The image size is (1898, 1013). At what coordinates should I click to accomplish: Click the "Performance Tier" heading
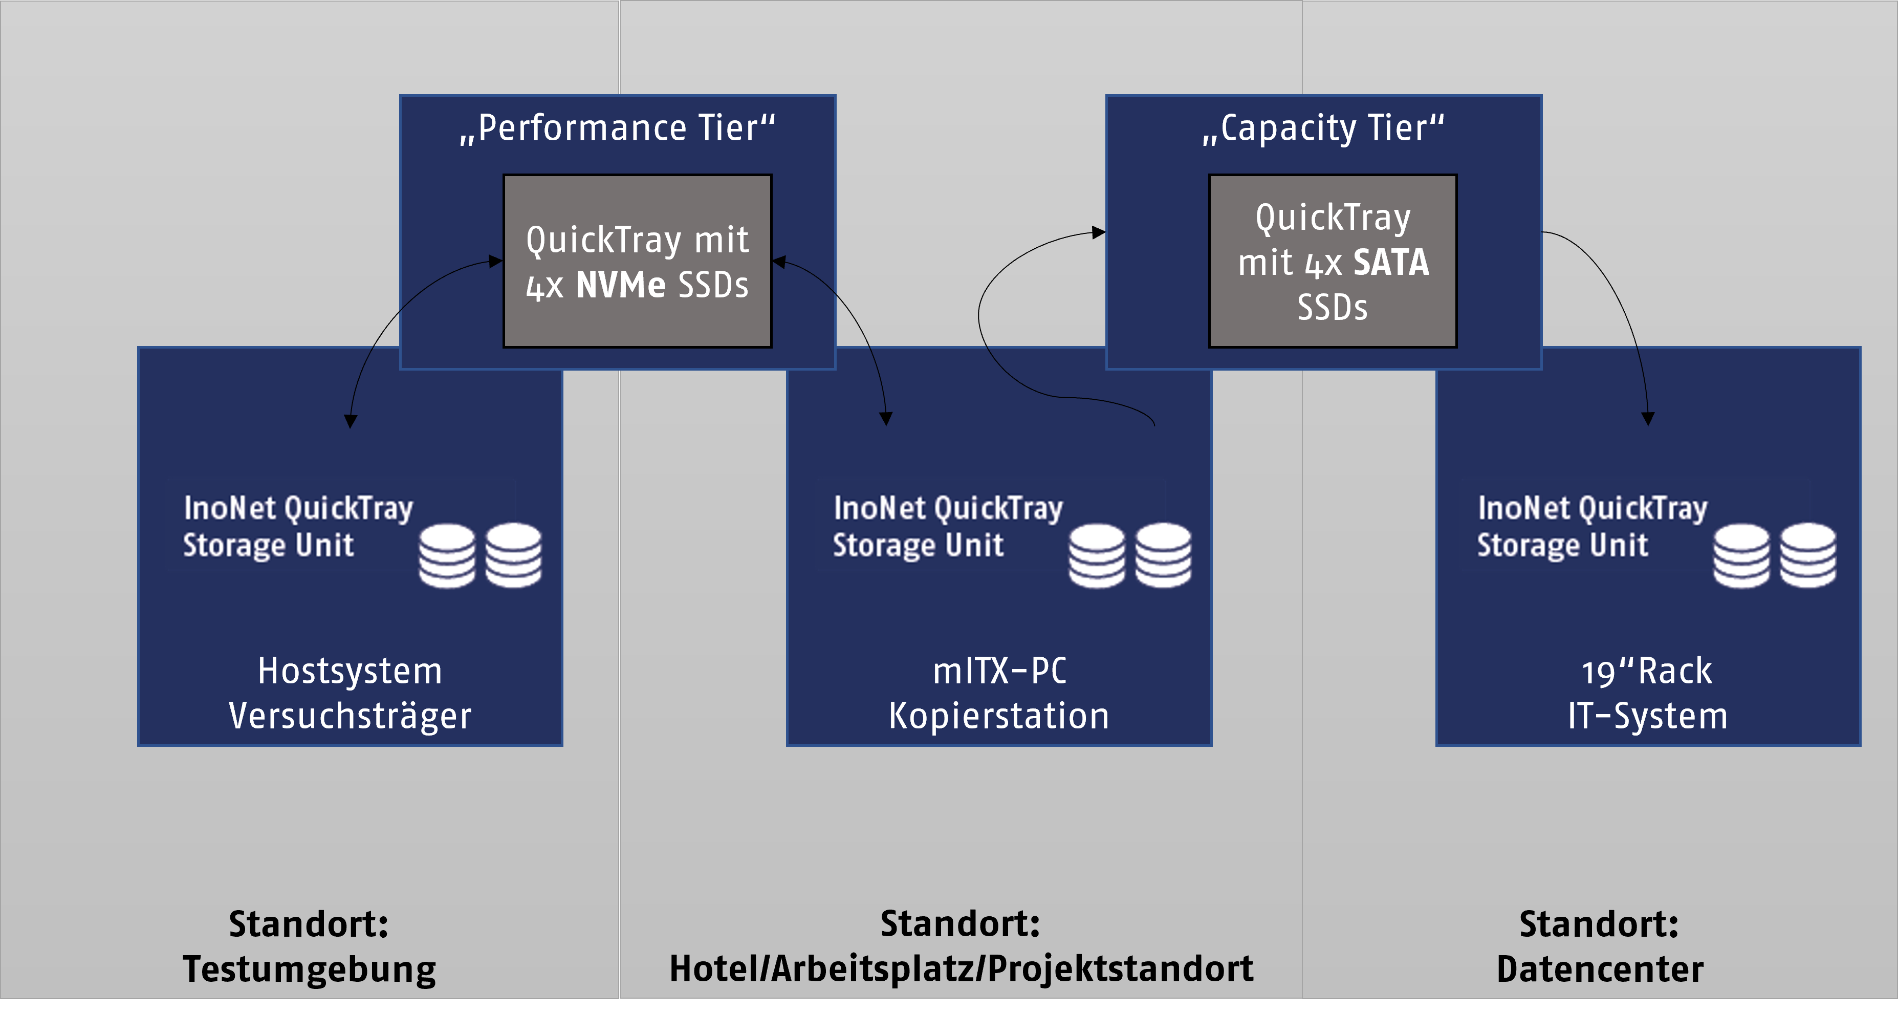coord(618,128)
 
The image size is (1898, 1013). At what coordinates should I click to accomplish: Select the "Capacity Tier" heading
coord(1323,128)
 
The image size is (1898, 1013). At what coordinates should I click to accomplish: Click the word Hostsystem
coord(350,671)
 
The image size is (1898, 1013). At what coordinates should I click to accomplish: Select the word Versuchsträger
coord(350,717)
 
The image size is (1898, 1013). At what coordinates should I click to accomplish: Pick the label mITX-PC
coord(999,671)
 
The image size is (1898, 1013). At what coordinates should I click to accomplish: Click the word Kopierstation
coord(999,717)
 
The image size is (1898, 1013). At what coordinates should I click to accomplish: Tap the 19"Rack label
coord(1647,672)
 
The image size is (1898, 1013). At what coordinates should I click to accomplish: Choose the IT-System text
coord(1647,717)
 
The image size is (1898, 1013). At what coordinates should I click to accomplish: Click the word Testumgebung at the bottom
coord(310,969)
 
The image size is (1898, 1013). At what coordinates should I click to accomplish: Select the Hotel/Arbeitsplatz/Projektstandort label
coord(961,969)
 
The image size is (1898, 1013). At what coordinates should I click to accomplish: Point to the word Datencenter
coord(1600,969)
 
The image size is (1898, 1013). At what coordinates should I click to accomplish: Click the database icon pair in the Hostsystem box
coord(481,556)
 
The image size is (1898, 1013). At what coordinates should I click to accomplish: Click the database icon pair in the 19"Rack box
coord(1774,556)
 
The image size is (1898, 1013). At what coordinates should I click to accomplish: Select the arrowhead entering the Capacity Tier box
coord(1099,233)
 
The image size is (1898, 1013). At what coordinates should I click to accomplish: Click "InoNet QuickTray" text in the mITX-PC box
coord(948,509)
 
